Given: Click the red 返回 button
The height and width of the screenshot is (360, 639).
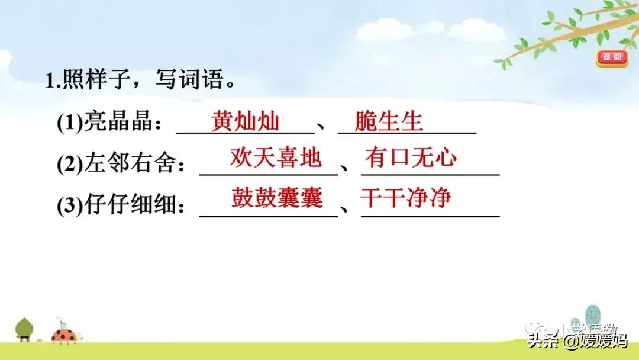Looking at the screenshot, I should [x=611, y=57].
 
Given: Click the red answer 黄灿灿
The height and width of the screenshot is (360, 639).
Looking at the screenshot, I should [x=245, y=122].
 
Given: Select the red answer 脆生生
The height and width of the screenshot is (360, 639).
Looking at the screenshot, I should [x=389, y=122].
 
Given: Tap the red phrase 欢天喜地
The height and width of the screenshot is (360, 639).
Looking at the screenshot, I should [x=276, y=159].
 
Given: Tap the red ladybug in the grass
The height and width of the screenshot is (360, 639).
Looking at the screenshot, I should [x=64, y=336].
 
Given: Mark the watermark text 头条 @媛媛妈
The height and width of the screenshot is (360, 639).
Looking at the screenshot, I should [x=576, y=340].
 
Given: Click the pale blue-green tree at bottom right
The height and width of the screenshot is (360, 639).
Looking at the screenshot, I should [x=592, y=316].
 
